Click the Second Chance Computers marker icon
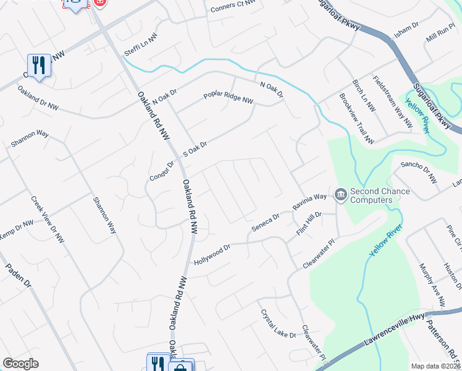click(x=340, y=195)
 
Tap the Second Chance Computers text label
click(x=380, y=195)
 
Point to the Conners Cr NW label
click(x=233, y=6)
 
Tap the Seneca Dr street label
click(x=266, y=223)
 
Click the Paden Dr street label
click(x=18, y=275)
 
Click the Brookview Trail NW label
click(x=357, y=119)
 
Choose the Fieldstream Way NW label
click(x=392, y=101)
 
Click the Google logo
click(x=20, y=364)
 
